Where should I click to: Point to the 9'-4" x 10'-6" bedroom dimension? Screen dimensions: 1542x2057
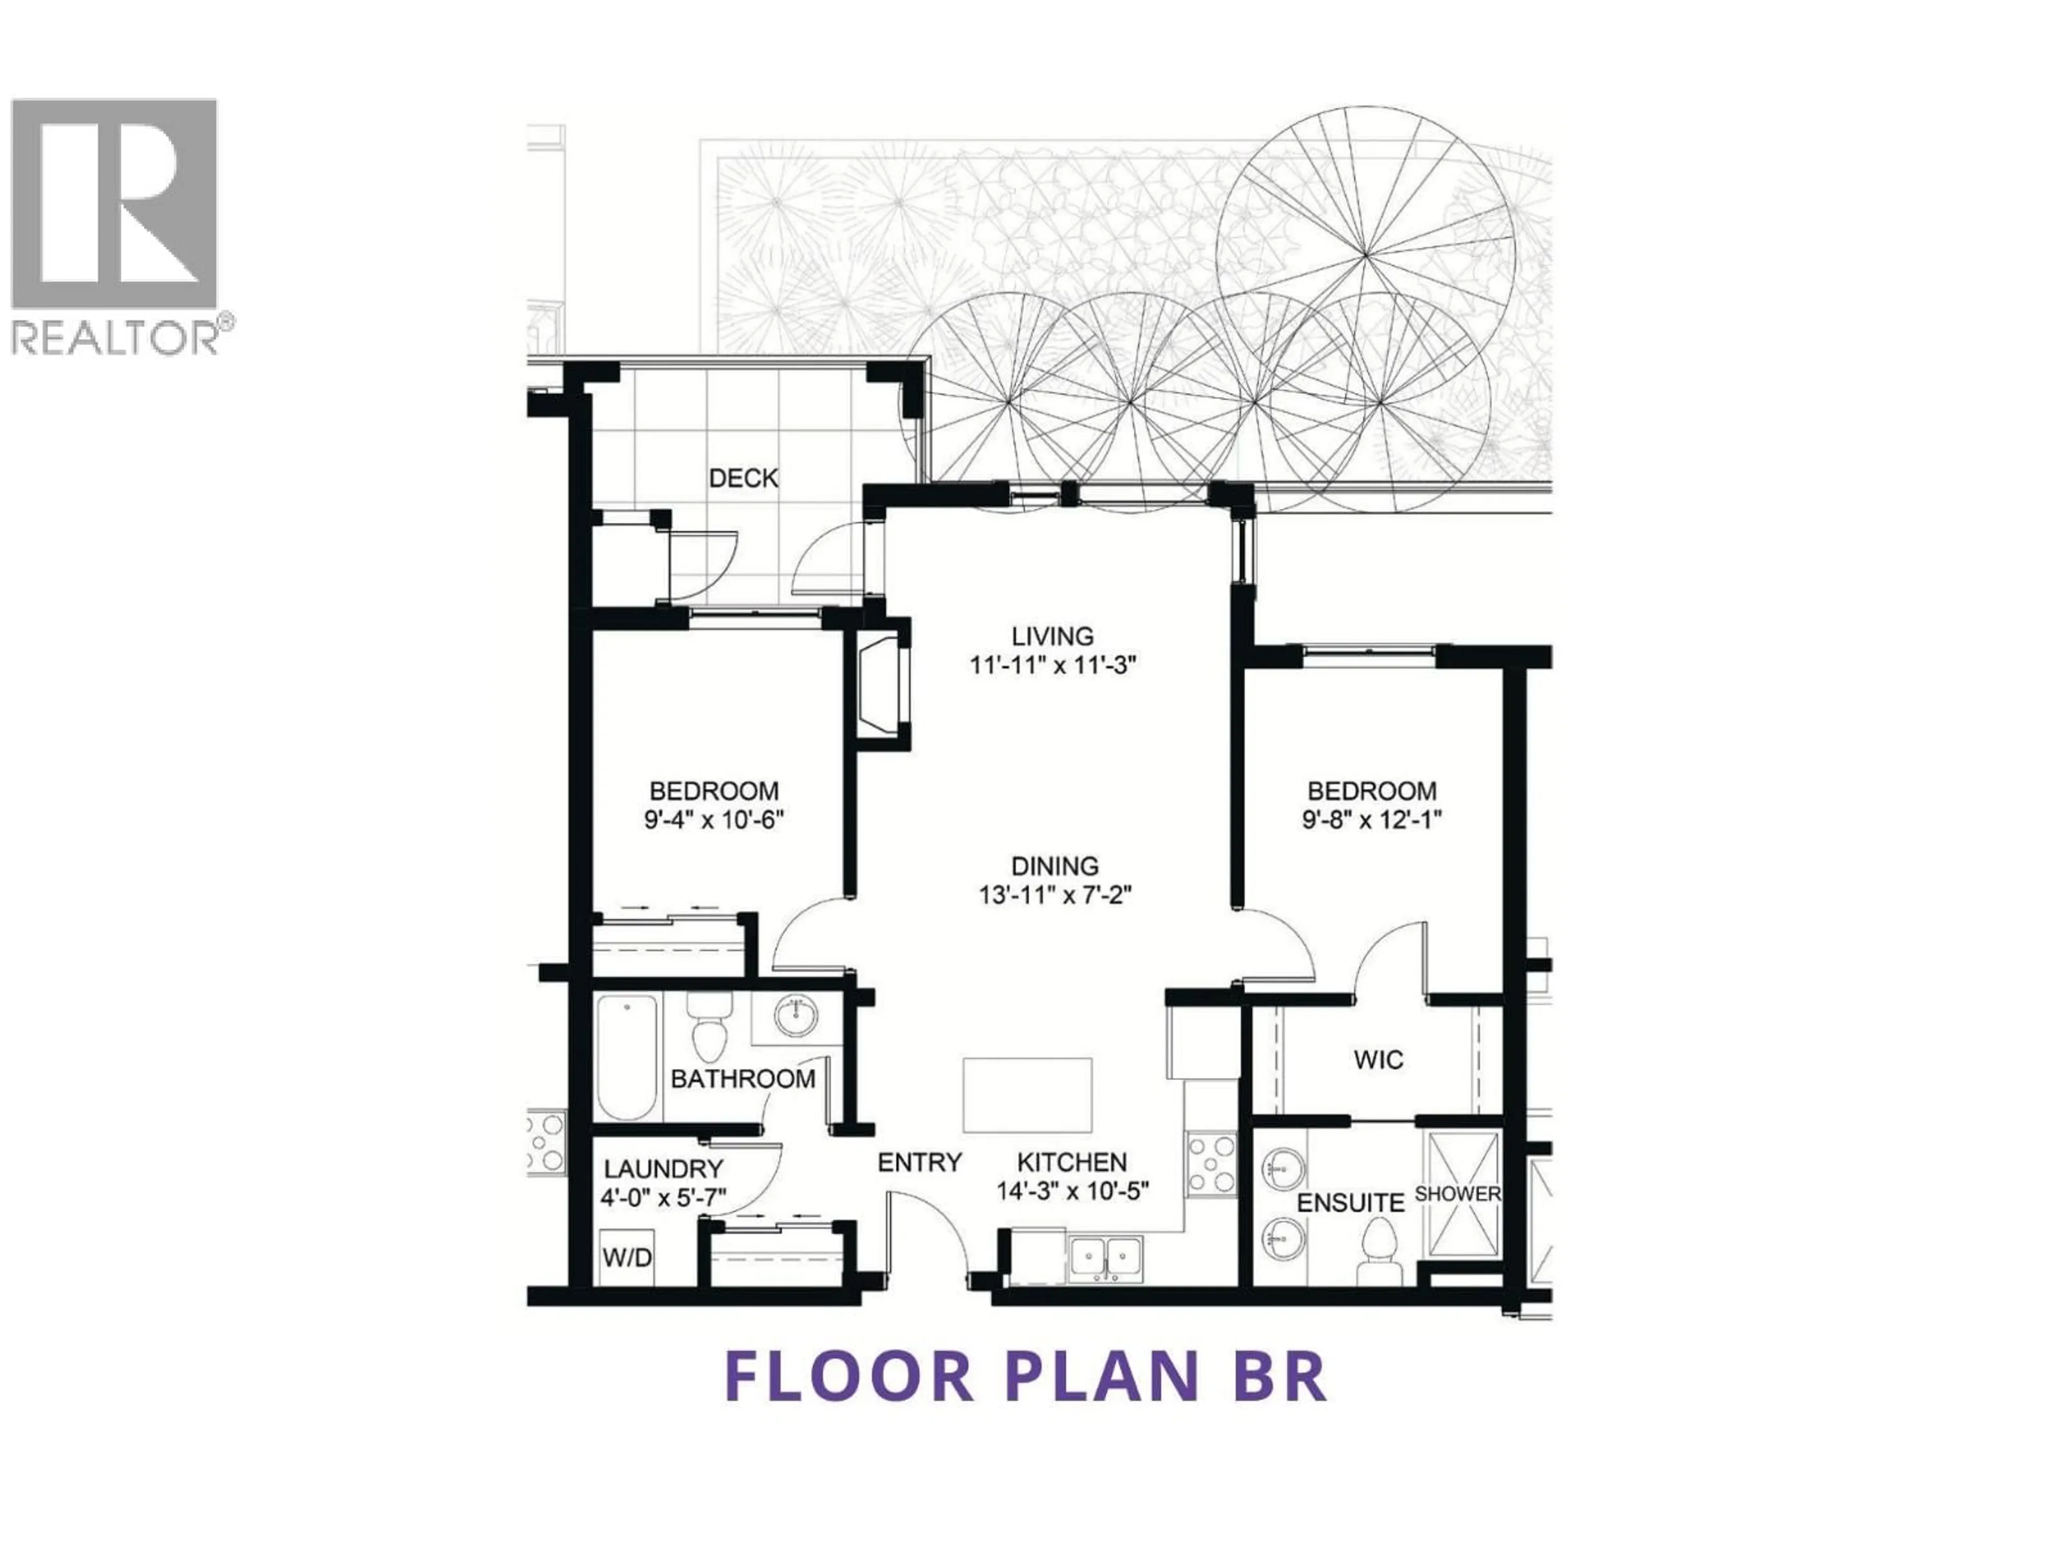tap(714, 821)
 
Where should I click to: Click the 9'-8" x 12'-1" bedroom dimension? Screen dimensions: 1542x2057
tap(1372, 821)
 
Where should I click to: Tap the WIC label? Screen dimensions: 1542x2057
tap(1378, 1060)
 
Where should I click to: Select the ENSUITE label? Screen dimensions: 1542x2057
tap(1350, 1203)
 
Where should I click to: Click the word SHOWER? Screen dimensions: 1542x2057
tap(1457, 1193)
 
